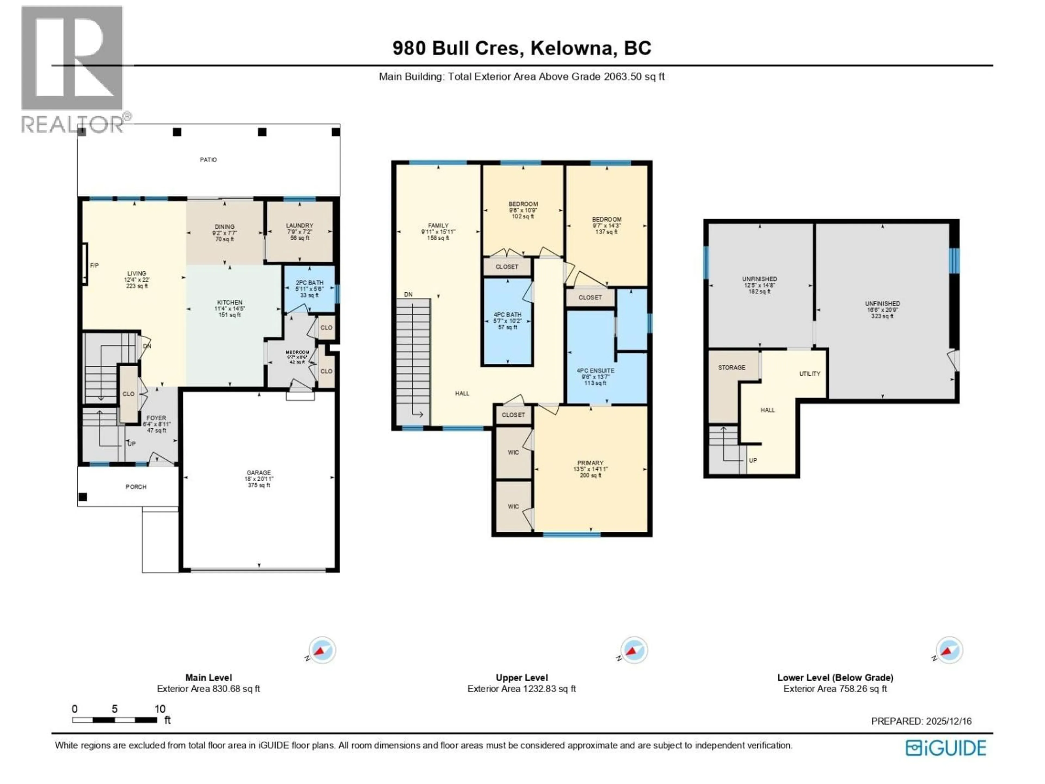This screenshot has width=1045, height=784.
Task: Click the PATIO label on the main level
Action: pos(208,160)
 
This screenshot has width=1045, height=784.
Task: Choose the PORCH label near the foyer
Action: pos(136,487)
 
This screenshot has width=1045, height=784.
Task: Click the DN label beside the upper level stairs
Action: pos(408,295)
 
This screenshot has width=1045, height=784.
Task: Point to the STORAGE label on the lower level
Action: pos(732,368)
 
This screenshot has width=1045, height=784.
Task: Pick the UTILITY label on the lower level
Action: pos(810,374)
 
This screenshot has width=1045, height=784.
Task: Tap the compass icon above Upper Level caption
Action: pos(634,651)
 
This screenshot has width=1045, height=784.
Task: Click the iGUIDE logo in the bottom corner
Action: pos(946,748)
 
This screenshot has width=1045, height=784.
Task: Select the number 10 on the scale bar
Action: pos(160,709)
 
